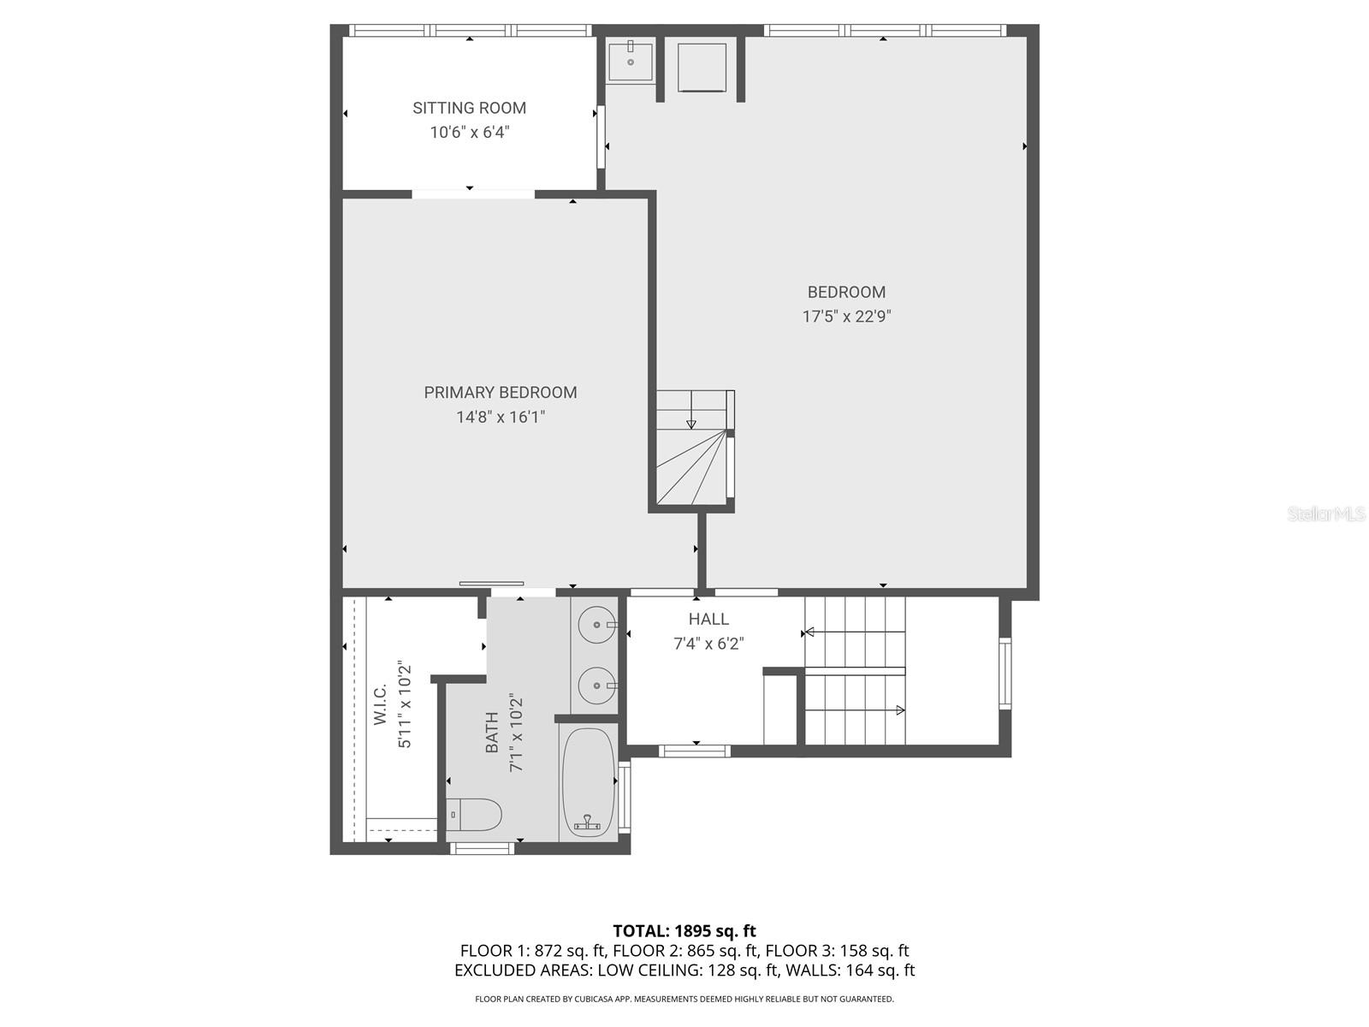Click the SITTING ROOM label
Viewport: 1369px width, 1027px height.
(469, 108)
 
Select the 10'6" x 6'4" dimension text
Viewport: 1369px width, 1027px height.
(469, 133)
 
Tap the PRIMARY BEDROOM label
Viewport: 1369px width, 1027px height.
(501, 393)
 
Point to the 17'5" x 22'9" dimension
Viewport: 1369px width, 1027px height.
(846, 317)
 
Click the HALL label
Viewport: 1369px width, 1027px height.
(708, 619)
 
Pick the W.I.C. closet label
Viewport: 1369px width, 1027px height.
(381, 704)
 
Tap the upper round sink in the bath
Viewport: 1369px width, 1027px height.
(596, 625)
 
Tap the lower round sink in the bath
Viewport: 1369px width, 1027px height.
(596, 685)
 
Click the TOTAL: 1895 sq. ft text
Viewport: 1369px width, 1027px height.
(684, 931)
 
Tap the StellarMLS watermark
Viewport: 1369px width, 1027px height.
(1326, 514)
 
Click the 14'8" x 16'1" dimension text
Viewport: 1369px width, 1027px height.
(501, 418)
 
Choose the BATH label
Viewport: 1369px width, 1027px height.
(492, 733)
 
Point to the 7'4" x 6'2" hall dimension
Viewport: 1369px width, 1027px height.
(708, 644)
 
